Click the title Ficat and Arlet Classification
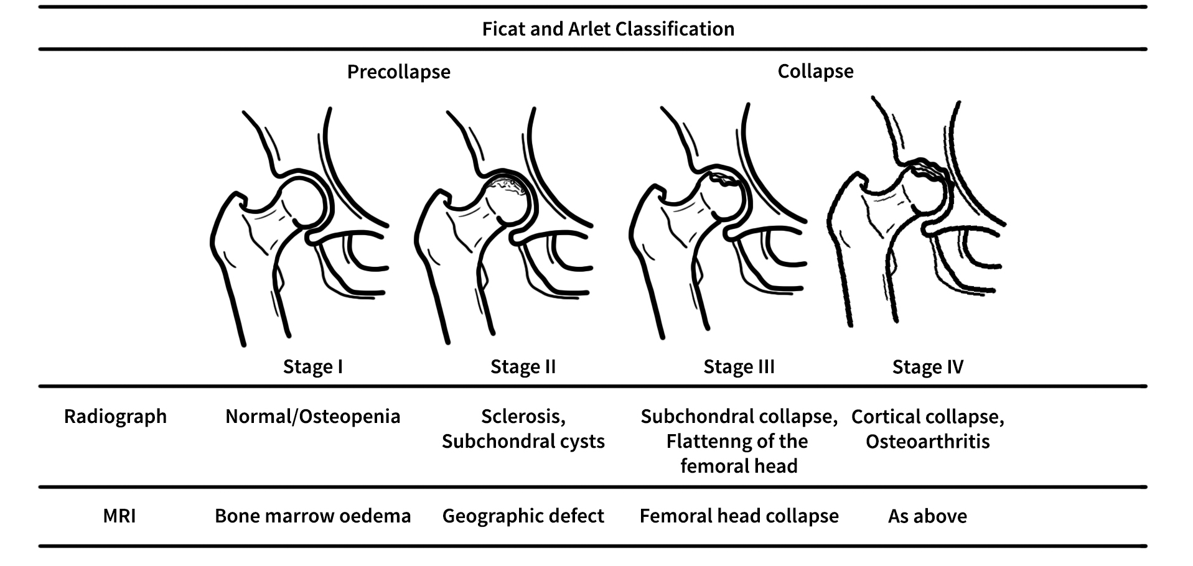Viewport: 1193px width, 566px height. pos(608,29)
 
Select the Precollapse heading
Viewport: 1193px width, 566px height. pos(398,72)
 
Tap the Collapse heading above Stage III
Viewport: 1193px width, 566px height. pos(815,71)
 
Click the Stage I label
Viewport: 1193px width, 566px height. pos(312,366)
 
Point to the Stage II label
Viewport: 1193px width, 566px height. pos(523,366)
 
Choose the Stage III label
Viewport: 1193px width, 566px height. pos(739,366)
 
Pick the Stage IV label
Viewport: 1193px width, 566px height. pos(927,366)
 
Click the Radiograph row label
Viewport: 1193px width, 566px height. pos(115,416)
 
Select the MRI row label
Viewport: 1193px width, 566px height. pos(119,516)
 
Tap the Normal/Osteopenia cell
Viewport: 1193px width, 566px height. pos(312,416)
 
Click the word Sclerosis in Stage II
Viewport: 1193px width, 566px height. pos(522,416)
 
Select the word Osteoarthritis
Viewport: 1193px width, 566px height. pos(927,441)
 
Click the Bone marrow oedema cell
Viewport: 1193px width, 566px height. pos(312,516)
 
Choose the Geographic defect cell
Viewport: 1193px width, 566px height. pos(523,516)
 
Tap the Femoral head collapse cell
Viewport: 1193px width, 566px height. pos(739,516)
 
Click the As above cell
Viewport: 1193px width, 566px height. pos(927,516)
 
